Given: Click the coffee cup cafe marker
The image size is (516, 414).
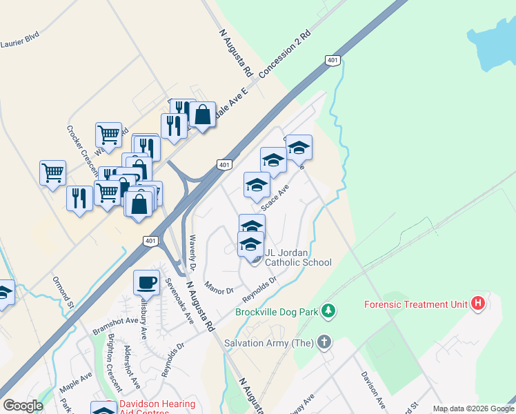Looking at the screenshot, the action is tap(146, 282).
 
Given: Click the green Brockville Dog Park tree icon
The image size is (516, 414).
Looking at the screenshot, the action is tap(330, 312).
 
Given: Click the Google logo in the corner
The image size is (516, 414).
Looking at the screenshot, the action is tap(23, 405).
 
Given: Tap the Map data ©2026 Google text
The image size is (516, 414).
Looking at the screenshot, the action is tap(473, 408).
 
